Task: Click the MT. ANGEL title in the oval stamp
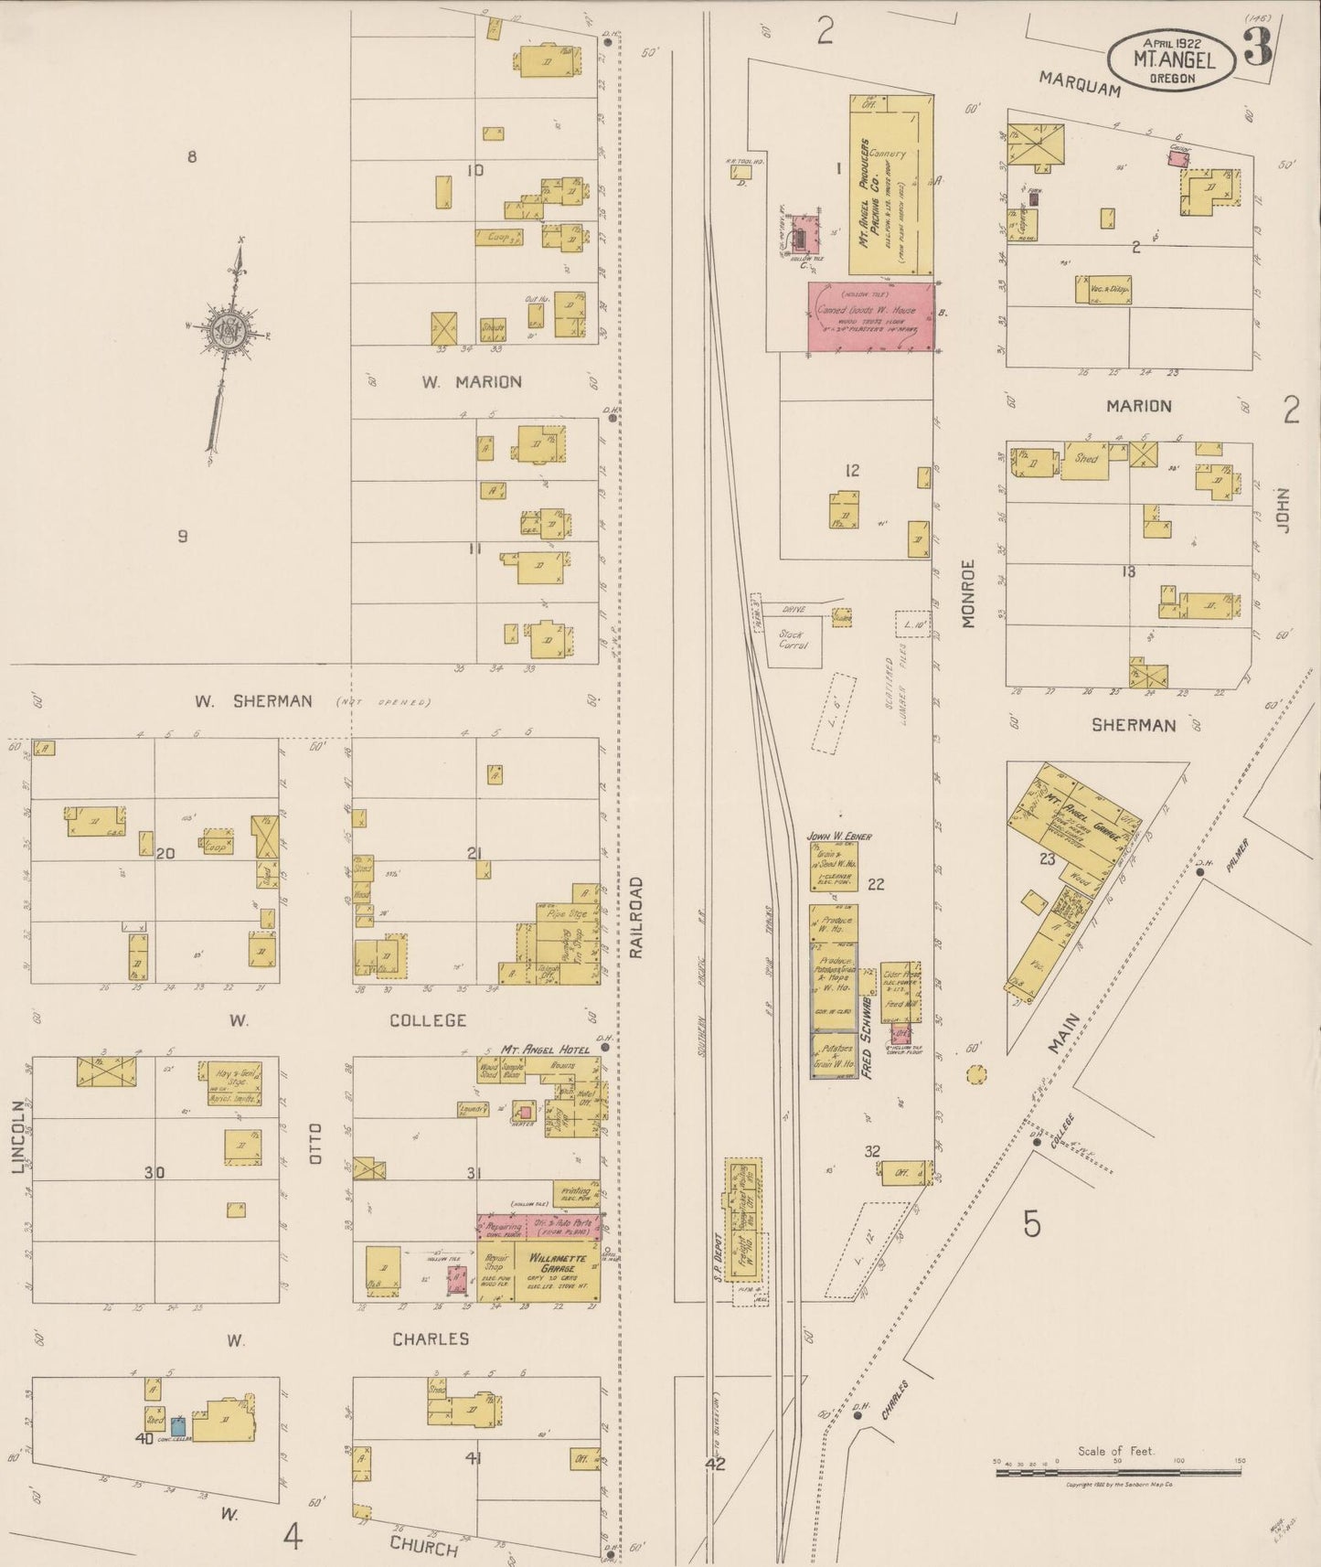point(1174,60)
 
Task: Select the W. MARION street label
point(472,382)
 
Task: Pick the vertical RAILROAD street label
point(637,917)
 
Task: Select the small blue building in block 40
point(180,1424)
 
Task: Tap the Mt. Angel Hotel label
point(546,1050)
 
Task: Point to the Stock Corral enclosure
point(793,639)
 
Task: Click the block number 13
point(1128,571)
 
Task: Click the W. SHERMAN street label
point(252,701)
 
